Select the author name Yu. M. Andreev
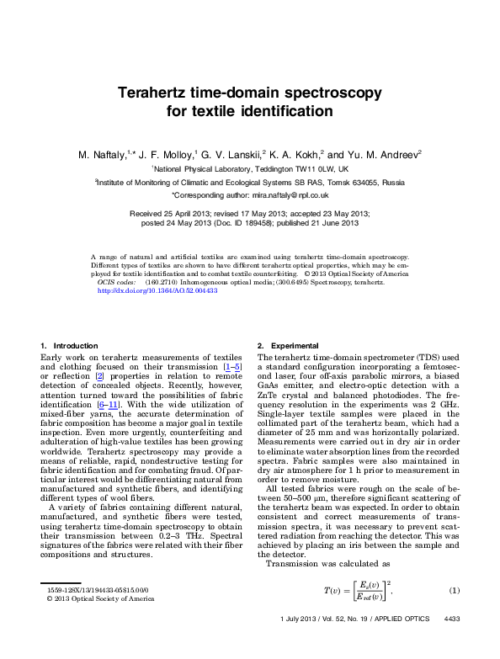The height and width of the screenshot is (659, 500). pos(384,155)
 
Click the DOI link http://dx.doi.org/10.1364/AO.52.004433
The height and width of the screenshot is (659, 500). pos(158,290)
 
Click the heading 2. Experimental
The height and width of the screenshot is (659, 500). pos(288,346)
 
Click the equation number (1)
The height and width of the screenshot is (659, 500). pos(455,589)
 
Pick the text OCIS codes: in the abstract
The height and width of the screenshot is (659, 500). pos(117,282)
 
